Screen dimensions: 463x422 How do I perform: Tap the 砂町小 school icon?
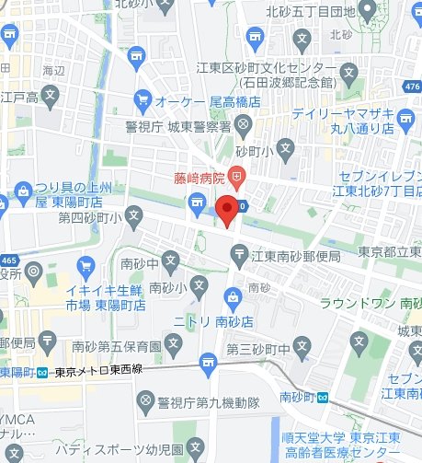288,147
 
